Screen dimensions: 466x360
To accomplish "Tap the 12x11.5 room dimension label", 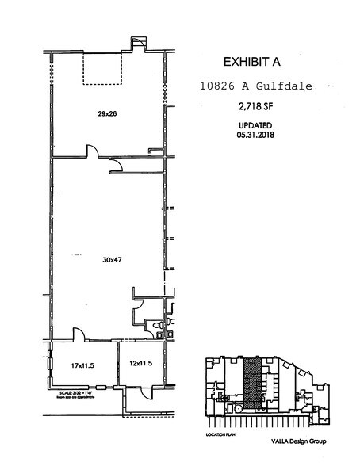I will click(140, 363).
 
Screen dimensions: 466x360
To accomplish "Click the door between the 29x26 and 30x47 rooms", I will click(91, 151).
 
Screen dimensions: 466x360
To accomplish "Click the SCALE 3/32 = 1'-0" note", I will click(78, 393).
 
